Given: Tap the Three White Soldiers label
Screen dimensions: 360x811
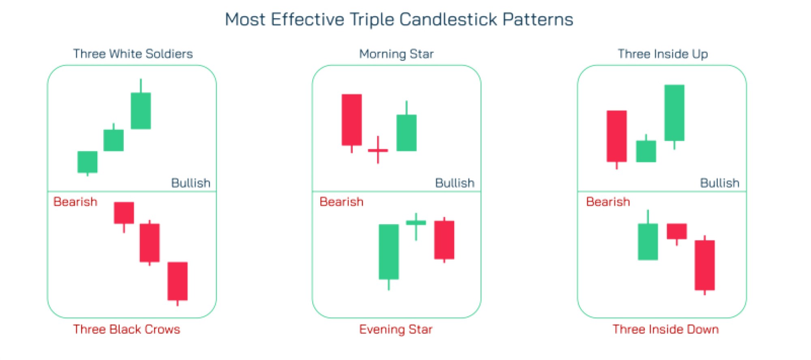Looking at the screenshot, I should tap(133, 54).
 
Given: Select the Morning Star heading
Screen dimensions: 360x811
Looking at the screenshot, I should tap(396, 54).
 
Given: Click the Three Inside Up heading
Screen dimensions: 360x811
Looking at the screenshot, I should tap(663, 54).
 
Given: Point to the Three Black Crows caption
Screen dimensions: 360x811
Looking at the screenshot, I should tap(126, 329).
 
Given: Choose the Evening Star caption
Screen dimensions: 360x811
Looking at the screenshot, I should tap(396, 329).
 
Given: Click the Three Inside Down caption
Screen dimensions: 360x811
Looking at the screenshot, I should tap(665, 329).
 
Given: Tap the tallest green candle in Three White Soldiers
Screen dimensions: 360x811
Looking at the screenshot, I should tap(141, 111).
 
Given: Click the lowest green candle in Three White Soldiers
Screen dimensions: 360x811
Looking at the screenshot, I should tap(87, 162).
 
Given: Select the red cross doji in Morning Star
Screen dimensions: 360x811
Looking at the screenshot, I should tap(378, 150).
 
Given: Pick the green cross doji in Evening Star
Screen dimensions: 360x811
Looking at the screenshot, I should tap(416, 223).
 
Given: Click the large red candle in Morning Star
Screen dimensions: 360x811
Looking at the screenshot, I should tap(352, 120).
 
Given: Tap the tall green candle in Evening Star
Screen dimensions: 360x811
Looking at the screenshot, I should tap(388, 251).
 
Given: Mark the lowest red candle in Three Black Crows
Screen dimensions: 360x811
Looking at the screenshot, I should tap(178, 281).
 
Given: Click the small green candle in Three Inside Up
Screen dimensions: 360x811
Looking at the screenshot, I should tap(646, 151).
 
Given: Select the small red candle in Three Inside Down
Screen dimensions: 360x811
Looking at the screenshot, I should tap(677, 231).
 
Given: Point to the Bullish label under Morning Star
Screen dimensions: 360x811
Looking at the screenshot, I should tap(455, 183).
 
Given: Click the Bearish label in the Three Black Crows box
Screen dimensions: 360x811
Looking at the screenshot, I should tap(75, 202).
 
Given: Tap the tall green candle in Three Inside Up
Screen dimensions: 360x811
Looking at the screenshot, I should tap(674, 113).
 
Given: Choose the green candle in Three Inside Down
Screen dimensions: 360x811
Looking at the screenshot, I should tap(648, 242).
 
